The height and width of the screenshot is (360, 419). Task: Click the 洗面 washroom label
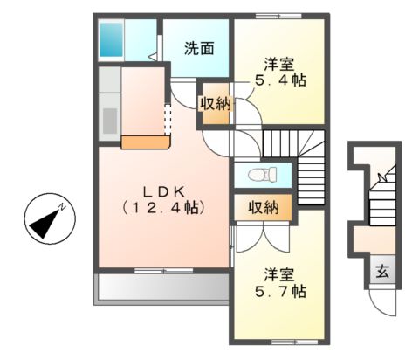click(199, 48)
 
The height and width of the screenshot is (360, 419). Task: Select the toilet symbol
click(261, 174)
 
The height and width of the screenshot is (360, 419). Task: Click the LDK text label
click(163, 191)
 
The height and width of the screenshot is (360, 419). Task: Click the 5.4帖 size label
click(279, 80)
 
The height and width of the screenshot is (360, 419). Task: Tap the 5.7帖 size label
click(279, 290)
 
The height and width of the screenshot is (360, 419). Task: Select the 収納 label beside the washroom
click(215, 104)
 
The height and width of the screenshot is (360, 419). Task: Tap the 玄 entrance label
click(382, 272)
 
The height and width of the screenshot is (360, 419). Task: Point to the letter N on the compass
click(64, 208)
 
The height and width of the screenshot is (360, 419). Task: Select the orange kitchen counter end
click(144, 142)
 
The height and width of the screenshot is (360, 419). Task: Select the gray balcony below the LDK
click(161, 286)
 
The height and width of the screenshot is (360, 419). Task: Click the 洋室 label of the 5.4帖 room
click(279, 62)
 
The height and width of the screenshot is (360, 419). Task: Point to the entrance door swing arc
click(381, 301)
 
